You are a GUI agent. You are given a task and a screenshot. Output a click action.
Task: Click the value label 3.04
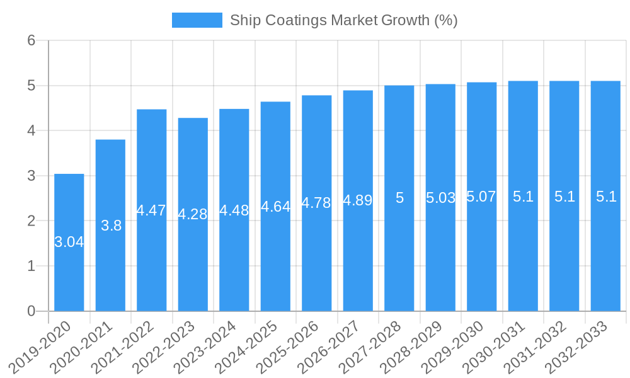coord(69,242)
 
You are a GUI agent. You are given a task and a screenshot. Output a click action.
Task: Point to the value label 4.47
coord(151,210)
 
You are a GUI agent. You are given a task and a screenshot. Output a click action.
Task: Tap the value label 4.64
coord(275,207)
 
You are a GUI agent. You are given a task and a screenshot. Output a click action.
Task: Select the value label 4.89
coord(358,200)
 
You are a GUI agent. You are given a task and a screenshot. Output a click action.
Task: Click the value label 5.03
coord(440,198)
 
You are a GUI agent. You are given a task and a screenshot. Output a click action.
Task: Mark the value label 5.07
coord(481,197)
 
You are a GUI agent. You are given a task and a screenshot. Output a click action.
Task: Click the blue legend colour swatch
coord(197,20)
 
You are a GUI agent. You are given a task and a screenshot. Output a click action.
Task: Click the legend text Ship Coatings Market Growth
coord(343,20)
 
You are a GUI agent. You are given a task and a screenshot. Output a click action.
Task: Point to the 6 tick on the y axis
coord(31,40)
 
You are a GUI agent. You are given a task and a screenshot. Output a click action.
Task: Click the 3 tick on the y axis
coord(31,176)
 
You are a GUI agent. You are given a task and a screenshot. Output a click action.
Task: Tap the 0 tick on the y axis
coord(31,311)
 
